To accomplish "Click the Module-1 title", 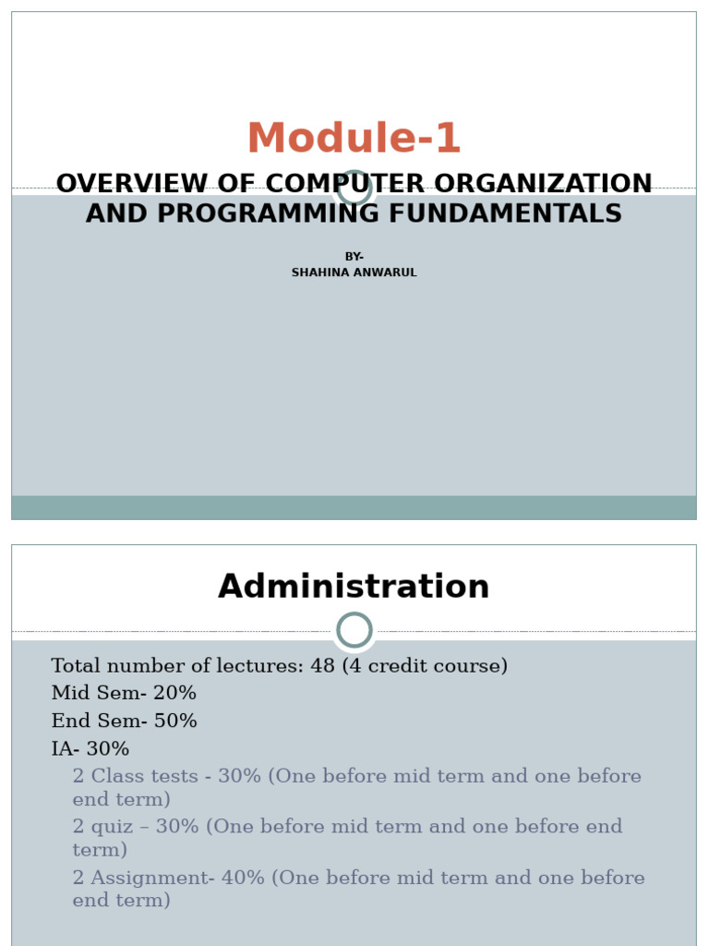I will pos(354,139).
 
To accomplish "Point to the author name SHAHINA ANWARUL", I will pos(354,273).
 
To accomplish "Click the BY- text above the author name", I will pos(354,257).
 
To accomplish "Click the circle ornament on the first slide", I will pos(354,188).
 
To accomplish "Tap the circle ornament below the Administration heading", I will pos(354,630).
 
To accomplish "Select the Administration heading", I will pos(354,588).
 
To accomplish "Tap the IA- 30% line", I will pos(90,749).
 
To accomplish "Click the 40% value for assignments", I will pos(244,879).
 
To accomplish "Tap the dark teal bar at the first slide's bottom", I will pos(354,507).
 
